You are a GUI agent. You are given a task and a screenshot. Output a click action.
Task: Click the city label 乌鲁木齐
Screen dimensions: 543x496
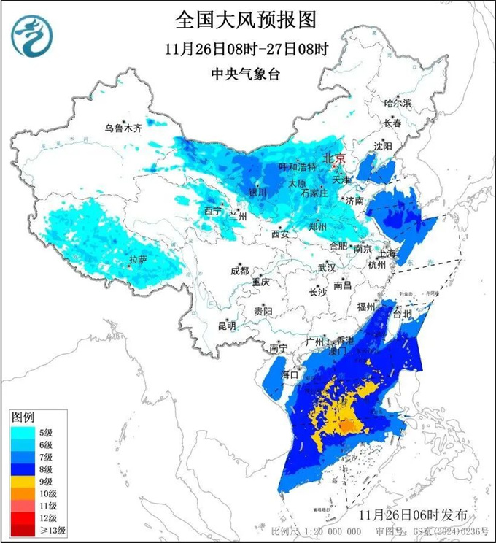[x=122, y=128]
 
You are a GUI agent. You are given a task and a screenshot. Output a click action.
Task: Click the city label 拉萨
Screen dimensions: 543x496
[x=138, y=259]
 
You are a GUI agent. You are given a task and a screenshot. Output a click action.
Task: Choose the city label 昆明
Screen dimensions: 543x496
[x=227, y=325]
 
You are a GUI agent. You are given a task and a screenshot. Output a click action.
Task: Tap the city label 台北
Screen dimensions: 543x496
[x=403, y=315]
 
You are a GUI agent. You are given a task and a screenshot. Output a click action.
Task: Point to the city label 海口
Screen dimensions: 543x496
[x=290, y=374]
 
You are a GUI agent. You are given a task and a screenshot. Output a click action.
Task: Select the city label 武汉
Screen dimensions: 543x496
[x=326, y=268]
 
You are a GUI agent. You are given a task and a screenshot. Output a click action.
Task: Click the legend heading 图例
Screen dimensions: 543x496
[x=23, y=417]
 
